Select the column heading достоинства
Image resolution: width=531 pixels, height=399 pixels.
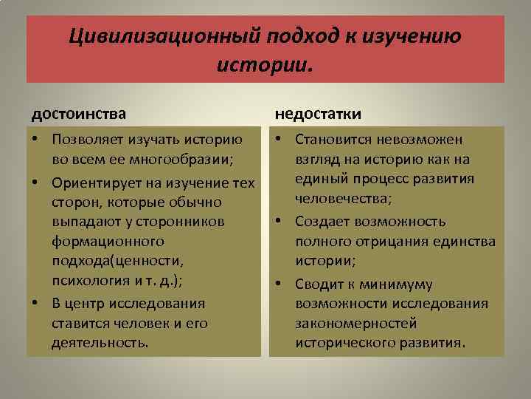click(78, 114)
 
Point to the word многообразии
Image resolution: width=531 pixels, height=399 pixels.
click(176, 160)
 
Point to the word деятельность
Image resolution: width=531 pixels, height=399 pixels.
click(99, 344)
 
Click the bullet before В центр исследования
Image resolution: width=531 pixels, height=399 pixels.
click(35, 304)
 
